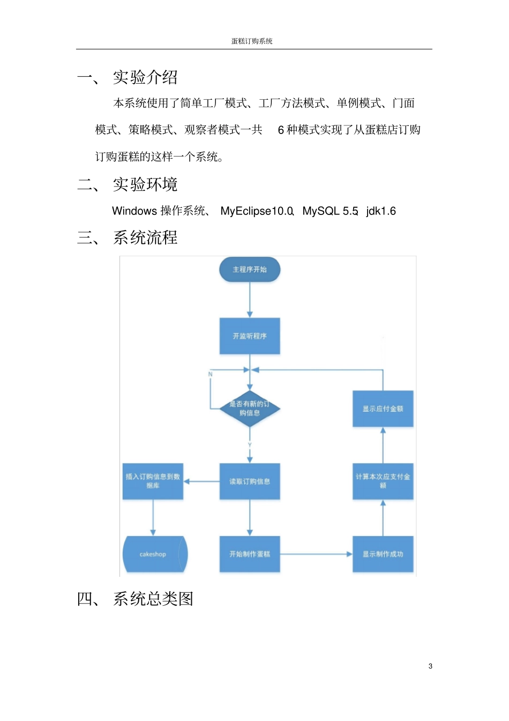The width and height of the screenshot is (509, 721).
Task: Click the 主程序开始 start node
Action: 250,270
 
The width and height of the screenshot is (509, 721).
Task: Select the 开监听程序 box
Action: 250,336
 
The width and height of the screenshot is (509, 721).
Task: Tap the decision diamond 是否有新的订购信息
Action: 250,408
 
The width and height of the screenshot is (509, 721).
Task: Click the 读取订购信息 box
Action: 250,481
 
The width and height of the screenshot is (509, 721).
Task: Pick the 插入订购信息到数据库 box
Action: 153,481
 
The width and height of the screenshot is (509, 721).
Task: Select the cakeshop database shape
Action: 154,554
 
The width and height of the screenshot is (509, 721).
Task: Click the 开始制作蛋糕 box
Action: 250,554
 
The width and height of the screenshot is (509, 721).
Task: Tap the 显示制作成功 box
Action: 383,554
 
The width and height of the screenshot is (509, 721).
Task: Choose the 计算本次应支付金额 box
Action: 383,481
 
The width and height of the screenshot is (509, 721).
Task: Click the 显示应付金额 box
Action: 383,408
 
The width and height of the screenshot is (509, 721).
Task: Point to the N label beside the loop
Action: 210,374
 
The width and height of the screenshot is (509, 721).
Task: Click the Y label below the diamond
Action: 250,445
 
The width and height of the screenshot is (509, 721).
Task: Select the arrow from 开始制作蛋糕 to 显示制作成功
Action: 316,554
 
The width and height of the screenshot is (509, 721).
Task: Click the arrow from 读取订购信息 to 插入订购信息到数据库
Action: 201,481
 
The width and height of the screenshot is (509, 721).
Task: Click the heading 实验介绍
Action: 145,77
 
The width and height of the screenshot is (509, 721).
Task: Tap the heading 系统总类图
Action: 153,599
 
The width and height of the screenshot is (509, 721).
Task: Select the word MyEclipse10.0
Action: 257,211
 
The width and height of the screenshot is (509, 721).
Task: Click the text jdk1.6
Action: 381,211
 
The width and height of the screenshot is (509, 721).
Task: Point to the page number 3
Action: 430,666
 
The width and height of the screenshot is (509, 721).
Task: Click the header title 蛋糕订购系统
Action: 252,41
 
